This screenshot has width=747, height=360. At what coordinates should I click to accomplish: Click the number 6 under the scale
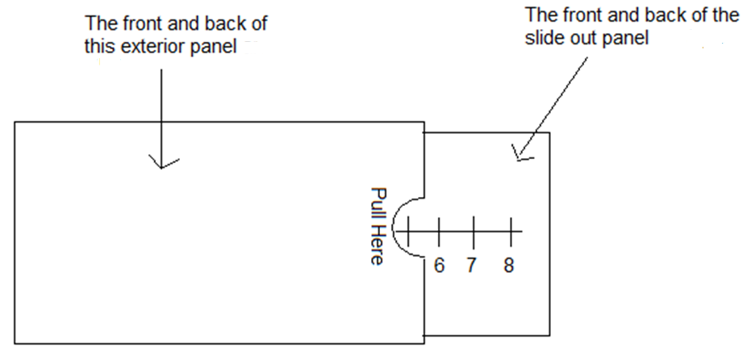point(439,265)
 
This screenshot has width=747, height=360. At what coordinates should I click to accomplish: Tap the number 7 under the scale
point(474,265)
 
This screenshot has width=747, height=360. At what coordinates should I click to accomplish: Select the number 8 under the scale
point(509,265)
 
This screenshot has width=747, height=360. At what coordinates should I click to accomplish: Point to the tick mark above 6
point(440,232)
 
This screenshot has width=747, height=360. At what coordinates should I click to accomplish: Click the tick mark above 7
point(474,232)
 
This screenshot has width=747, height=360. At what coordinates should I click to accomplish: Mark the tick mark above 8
point(509,232)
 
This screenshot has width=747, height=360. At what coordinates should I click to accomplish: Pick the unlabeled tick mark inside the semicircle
point(408,232)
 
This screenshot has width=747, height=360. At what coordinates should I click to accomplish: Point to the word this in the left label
point(101,47)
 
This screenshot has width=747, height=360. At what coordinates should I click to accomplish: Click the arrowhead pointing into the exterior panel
point(163,163)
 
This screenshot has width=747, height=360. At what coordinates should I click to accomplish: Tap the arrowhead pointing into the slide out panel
point(520,153)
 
